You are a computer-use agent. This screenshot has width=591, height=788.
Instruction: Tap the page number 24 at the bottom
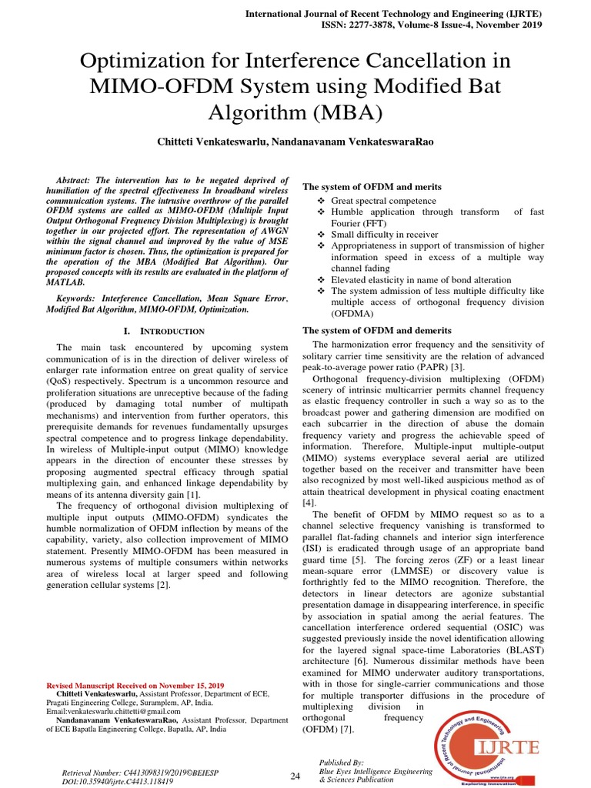coord(295,776)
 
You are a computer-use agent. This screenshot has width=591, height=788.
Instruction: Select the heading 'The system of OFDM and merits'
coord(372,187)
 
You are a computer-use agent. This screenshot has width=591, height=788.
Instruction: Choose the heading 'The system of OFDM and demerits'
coord(377,330)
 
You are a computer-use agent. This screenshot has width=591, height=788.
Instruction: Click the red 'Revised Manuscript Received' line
coord(135,685)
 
